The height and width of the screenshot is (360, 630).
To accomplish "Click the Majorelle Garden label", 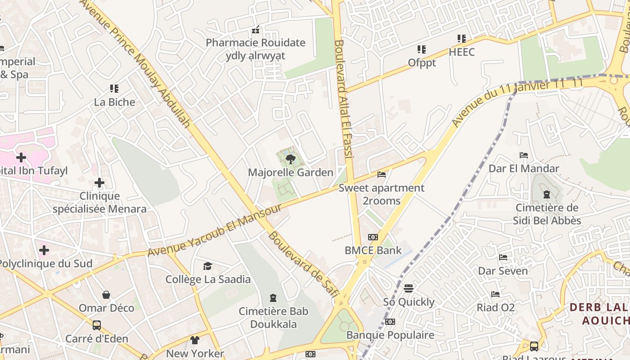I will pos(291,172).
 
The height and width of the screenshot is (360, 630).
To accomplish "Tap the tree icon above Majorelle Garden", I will pos(291,158).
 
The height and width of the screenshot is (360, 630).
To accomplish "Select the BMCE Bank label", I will pos(373,250).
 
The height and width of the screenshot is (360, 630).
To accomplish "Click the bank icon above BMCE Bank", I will pos(373,237).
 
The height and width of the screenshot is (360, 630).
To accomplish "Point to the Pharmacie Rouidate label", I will pos(256,43).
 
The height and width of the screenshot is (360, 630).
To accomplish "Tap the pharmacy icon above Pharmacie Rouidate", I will pos(256,30).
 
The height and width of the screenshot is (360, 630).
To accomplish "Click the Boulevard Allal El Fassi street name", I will pos(342,99).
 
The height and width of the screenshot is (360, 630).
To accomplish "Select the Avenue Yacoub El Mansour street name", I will pos(215,230).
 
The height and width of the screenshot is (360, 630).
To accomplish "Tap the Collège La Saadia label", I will pos(208,279).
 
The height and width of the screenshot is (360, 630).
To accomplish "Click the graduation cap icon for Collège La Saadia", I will pos(207,266).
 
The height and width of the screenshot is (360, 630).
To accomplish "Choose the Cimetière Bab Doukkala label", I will pos(274,318).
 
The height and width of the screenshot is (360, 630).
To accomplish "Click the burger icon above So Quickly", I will pos(409,288).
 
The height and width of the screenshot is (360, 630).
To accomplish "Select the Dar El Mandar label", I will pos(524,169).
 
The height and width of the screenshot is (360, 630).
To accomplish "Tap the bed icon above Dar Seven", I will pos(503,257).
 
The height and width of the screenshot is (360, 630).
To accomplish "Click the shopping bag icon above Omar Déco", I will pos(106,295).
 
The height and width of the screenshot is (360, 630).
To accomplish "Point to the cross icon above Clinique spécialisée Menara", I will pos(99,183).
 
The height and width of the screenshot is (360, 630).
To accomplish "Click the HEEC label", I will pos(462,52).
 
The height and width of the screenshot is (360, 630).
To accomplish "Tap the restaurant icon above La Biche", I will pos(114,89).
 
